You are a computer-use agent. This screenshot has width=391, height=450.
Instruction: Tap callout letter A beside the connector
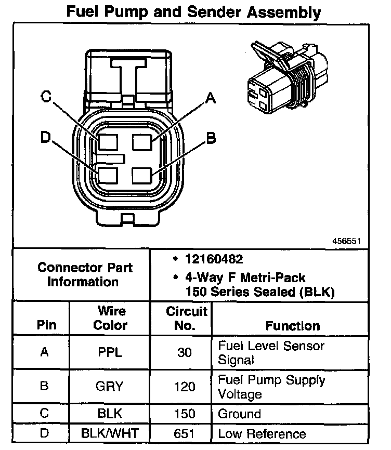click(210, 98)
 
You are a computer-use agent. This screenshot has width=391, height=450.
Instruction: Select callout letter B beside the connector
click(211, 138)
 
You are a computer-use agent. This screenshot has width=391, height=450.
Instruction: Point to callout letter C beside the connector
click(47, 97)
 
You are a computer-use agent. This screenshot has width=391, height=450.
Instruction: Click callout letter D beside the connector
click(46, 138)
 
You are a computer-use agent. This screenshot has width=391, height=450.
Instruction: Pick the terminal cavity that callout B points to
click(141, 175)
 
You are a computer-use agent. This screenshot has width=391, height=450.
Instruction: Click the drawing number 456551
click(347, 241)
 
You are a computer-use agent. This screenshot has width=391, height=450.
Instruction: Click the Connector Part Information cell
click(85, 275)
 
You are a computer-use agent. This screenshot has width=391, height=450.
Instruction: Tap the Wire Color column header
click(110, 318)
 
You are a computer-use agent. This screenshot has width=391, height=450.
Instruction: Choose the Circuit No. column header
click(186, 319)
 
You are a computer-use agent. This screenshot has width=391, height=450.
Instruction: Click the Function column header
click(293, 326)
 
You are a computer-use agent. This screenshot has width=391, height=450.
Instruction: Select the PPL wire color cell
click(110, 352)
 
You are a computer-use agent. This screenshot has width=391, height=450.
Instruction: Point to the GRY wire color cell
click(110, 387)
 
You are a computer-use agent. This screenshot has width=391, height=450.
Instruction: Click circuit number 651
click(186, 434)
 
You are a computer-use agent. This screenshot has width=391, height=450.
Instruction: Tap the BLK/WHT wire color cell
click(110, 434)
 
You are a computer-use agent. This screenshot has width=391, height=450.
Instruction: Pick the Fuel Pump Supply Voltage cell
click(271, 387)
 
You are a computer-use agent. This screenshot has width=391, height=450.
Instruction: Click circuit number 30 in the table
click(186, 352)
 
